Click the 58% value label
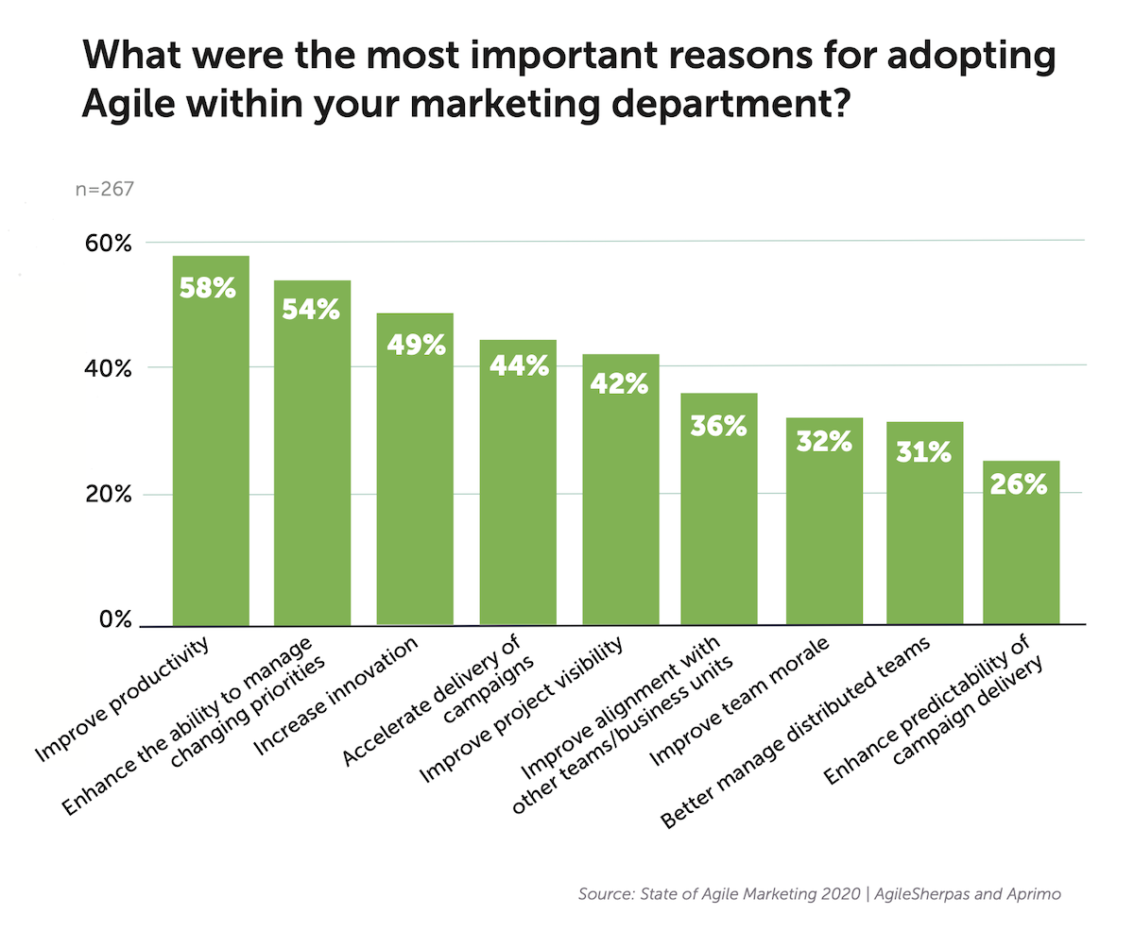tap(210, 288)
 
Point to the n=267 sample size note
tap(104, 189)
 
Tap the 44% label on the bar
tap(518, 366)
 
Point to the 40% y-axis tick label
tap(109, 369)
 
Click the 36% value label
tap(719, 426)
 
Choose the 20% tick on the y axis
tap(109, 495)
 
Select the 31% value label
tap(923, 453)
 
